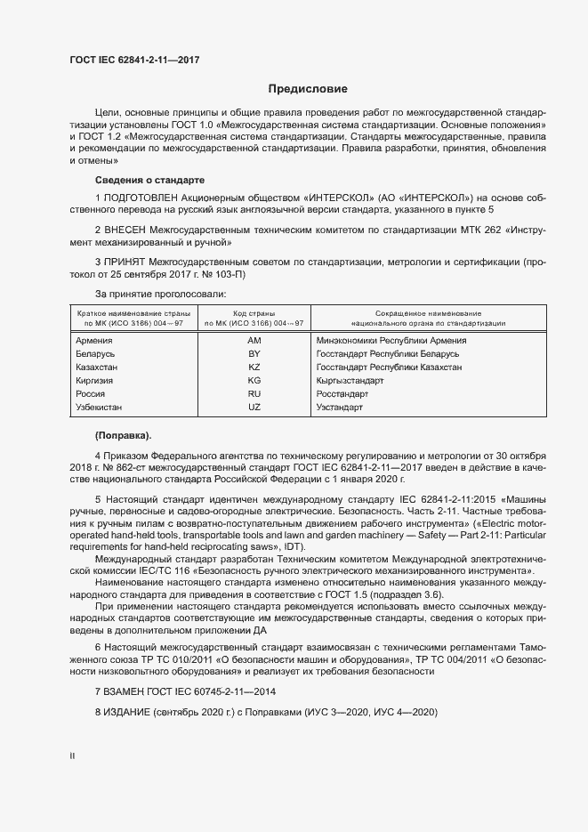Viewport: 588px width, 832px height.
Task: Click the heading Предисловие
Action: coord(309,89)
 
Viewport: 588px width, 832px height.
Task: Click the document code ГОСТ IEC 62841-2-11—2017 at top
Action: coord(133,60)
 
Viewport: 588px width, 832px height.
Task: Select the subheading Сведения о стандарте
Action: coord(149,179)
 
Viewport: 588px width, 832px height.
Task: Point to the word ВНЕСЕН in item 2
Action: coord(127,229)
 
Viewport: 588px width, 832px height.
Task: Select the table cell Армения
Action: coord(93,341)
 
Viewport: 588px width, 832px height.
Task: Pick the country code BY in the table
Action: coord(254,354)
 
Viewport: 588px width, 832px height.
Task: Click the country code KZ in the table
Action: coord(254,368)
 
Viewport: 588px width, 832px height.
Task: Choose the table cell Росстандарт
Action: coord(342,394)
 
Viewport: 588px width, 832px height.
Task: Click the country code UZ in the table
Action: coord(254,408)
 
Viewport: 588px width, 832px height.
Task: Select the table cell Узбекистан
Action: coord(99,408)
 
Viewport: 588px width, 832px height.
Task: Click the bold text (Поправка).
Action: coord(123,435)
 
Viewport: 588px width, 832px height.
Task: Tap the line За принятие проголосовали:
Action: coord(161,294)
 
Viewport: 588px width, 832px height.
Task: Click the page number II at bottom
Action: coord(72,756)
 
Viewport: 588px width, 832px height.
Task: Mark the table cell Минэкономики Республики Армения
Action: coord(391,341)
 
